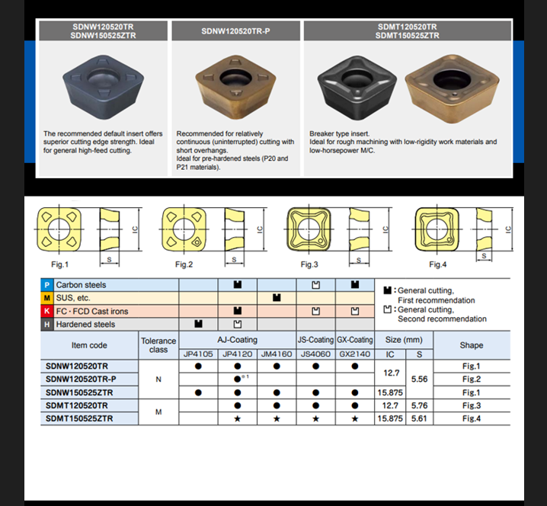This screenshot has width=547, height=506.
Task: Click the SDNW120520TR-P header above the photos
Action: [235, 31]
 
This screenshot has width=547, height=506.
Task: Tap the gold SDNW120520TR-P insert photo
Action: [236, 86]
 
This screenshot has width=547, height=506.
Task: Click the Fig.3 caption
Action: [309, 264]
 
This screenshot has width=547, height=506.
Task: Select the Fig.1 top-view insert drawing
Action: [59, 229]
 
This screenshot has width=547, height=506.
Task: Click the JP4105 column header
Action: [198, 354]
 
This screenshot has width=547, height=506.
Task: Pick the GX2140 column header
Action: [355, 354]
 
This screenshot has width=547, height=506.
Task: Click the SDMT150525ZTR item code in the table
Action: [79, 418]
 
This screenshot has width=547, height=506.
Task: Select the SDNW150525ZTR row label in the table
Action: [79, 392]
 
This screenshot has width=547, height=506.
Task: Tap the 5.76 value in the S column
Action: [419, 405]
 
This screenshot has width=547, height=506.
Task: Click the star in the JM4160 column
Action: [277, 419]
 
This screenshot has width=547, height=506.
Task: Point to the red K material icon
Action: [46, 311]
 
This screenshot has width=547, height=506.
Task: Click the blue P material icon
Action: [46, 285]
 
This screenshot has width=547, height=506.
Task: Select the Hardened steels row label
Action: [85, 324]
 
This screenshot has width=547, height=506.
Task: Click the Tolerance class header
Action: [158, 345]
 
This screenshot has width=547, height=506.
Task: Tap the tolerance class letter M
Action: [158, 412]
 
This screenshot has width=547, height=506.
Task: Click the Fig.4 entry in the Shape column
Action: [472, 418]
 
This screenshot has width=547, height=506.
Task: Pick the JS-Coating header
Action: [315, 340]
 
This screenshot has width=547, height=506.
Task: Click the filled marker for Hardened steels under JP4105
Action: [198, 324]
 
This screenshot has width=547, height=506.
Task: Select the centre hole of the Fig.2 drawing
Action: [184, 229]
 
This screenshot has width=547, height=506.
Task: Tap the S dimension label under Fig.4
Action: [484, 256]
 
